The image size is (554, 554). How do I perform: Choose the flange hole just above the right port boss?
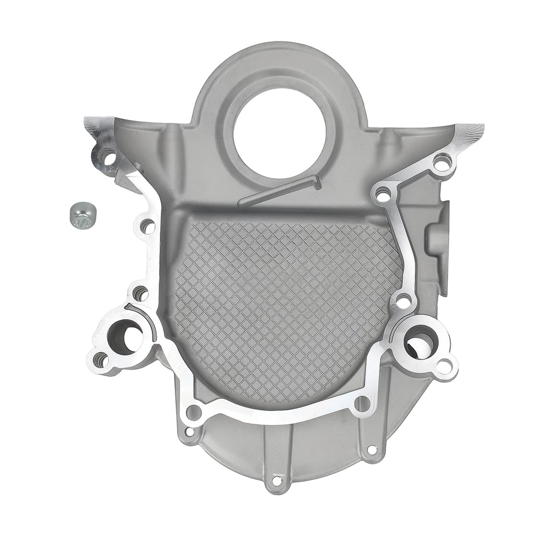[x=403, y=300]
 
